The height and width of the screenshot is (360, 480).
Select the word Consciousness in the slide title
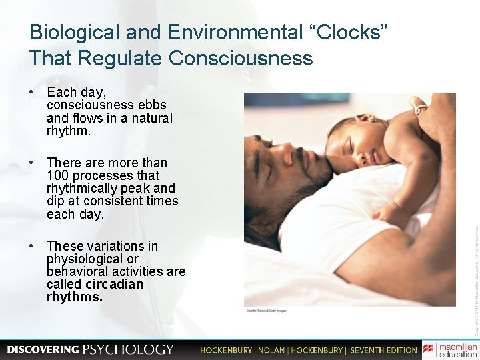[241, 58]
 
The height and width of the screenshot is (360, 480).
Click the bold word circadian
[115, 284]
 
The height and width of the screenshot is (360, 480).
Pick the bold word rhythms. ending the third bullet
[75, 297]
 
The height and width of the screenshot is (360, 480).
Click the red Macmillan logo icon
[428, 349]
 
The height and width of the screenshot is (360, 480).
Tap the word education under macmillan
[458, 355]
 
